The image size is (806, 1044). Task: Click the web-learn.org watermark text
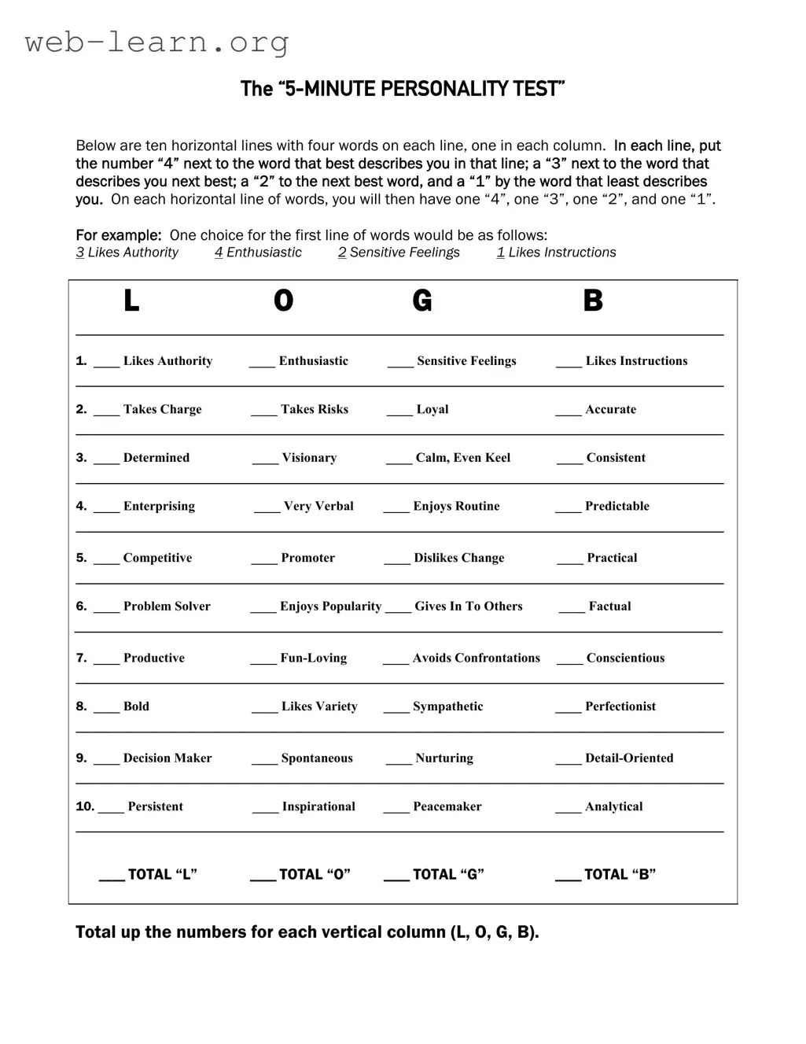(156, 42)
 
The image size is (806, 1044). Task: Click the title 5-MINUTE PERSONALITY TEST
(403, 89)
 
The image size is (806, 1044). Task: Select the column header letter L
(131, 301)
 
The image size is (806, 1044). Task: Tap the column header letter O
(283, 301)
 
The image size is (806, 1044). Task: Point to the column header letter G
(421, 301)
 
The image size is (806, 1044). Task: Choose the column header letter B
(592, 301)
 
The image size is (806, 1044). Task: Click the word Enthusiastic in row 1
(313, 361)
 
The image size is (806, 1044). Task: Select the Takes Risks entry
(314, 409)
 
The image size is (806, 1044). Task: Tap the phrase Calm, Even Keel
(462, 458)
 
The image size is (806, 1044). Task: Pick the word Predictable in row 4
(616, 506)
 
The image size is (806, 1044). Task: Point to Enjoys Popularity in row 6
(330, 607)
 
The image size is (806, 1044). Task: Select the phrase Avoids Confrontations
(476, 658)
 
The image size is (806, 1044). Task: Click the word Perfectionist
(620, 706)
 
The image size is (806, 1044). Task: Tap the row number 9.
(81, 758)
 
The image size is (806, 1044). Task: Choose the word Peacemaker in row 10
(447, 806)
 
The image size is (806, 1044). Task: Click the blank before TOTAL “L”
(112, 879)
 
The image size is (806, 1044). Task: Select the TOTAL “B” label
(620, 874)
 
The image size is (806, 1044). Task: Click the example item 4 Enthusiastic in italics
(258, 253)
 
